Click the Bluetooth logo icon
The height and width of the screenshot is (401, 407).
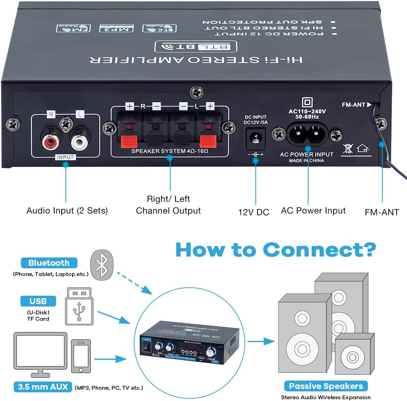click(102, 265)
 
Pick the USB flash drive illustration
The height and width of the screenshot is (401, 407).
click(79, 306)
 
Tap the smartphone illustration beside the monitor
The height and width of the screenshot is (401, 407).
click(81, 356)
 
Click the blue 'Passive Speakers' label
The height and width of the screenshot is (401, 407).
click(326, 386)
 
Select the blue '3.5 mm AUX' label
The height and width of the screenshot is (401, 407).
click(43, 387)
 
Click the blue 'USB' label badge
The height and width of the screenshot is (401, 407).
click(38, 301)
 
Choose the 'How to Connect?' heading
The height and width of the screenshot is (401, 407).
click(275, 250)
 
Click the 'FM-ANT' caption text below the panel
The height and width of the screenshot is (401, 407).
click(382, 212)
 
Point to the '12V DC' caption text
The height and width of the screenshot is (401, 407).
click(253, 212)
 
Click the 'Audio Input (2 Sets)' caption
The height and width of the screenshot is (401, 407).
click(67, 211)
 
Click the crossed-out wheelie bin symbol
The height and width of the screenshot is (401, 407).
click(348, 148)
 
